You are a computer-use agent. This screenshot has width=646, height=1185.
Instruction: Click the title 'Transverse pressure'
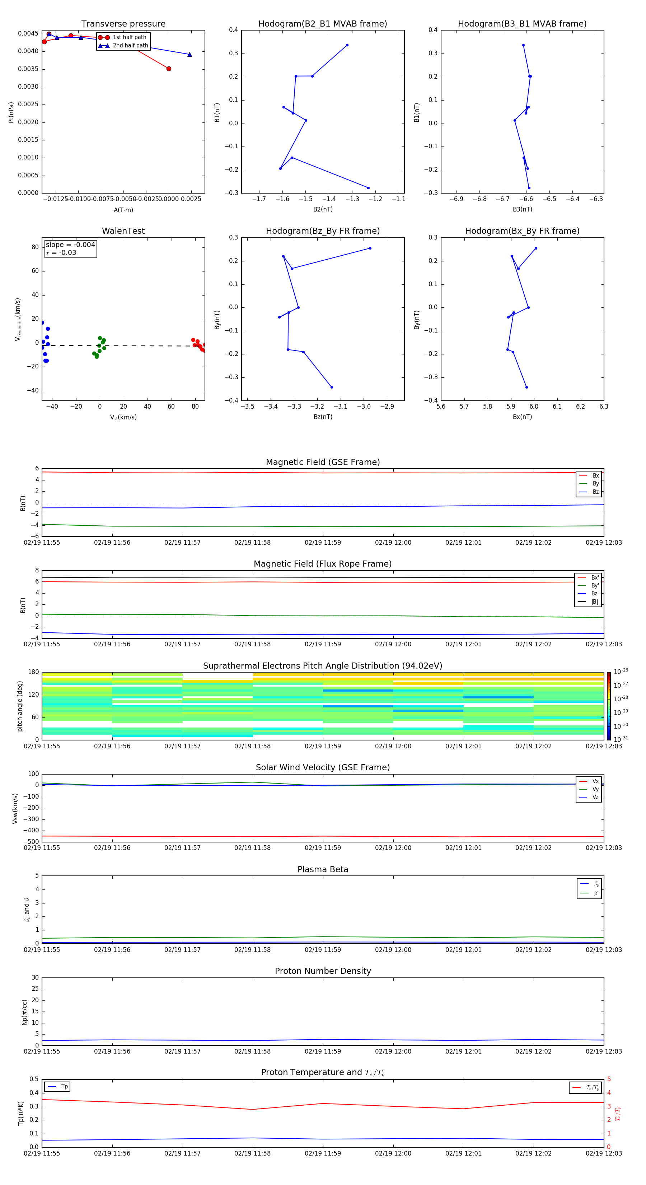(x=123, y=24)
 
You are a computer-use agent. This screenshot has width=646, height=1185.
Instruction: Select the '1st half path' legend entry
(x=129, y=37)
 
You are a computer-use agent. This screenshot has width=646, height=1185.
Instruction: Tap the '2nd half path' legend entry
(x=130, y=46)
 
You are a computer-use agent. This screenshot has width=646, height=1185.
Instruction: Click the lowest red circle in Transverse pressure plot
(x=169, y=69)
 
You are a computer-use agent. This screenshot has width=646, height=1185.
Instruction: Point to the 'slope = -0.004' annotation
(x=70, y=245)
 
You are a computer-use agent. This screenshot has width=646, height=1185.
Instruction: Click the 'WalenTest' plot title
(x=123, y=231)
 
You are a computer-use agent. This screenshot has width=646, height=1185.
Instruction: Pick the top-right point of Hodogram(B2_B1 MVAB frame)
(x=347, y=45)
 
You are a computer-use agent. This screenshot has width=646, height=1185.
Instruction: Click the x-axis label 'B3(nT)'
(x=522, y=209)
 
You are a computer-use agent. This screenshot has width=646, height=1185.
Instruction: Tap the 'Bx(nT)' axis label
(x=522, y=417)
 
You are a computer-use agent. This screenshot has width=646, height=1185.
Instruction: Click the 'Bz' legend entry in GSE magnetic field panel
(x=595, y=492)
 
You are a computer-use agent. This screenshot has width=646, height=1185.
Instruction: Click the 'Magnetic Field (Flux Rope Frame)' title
(x=323, y=564)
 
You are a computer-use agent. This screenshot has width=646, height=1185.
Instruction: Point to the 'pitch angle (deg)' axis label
(x=20, y=706)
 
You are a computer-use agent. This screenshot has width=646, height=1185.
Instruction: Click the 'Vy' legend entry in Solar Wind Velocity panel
(x=595, y=789)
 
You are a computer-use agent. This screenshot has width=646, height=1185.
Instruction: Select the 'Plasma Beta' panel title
(x=323, y=869)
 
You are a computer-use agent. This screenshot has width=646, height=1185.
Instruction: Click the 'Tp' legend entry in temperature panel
(x=64, y=1087)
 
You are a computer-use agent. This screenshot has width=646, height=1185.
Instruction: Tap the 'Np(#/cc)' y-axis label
(x=24, y=1012)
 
